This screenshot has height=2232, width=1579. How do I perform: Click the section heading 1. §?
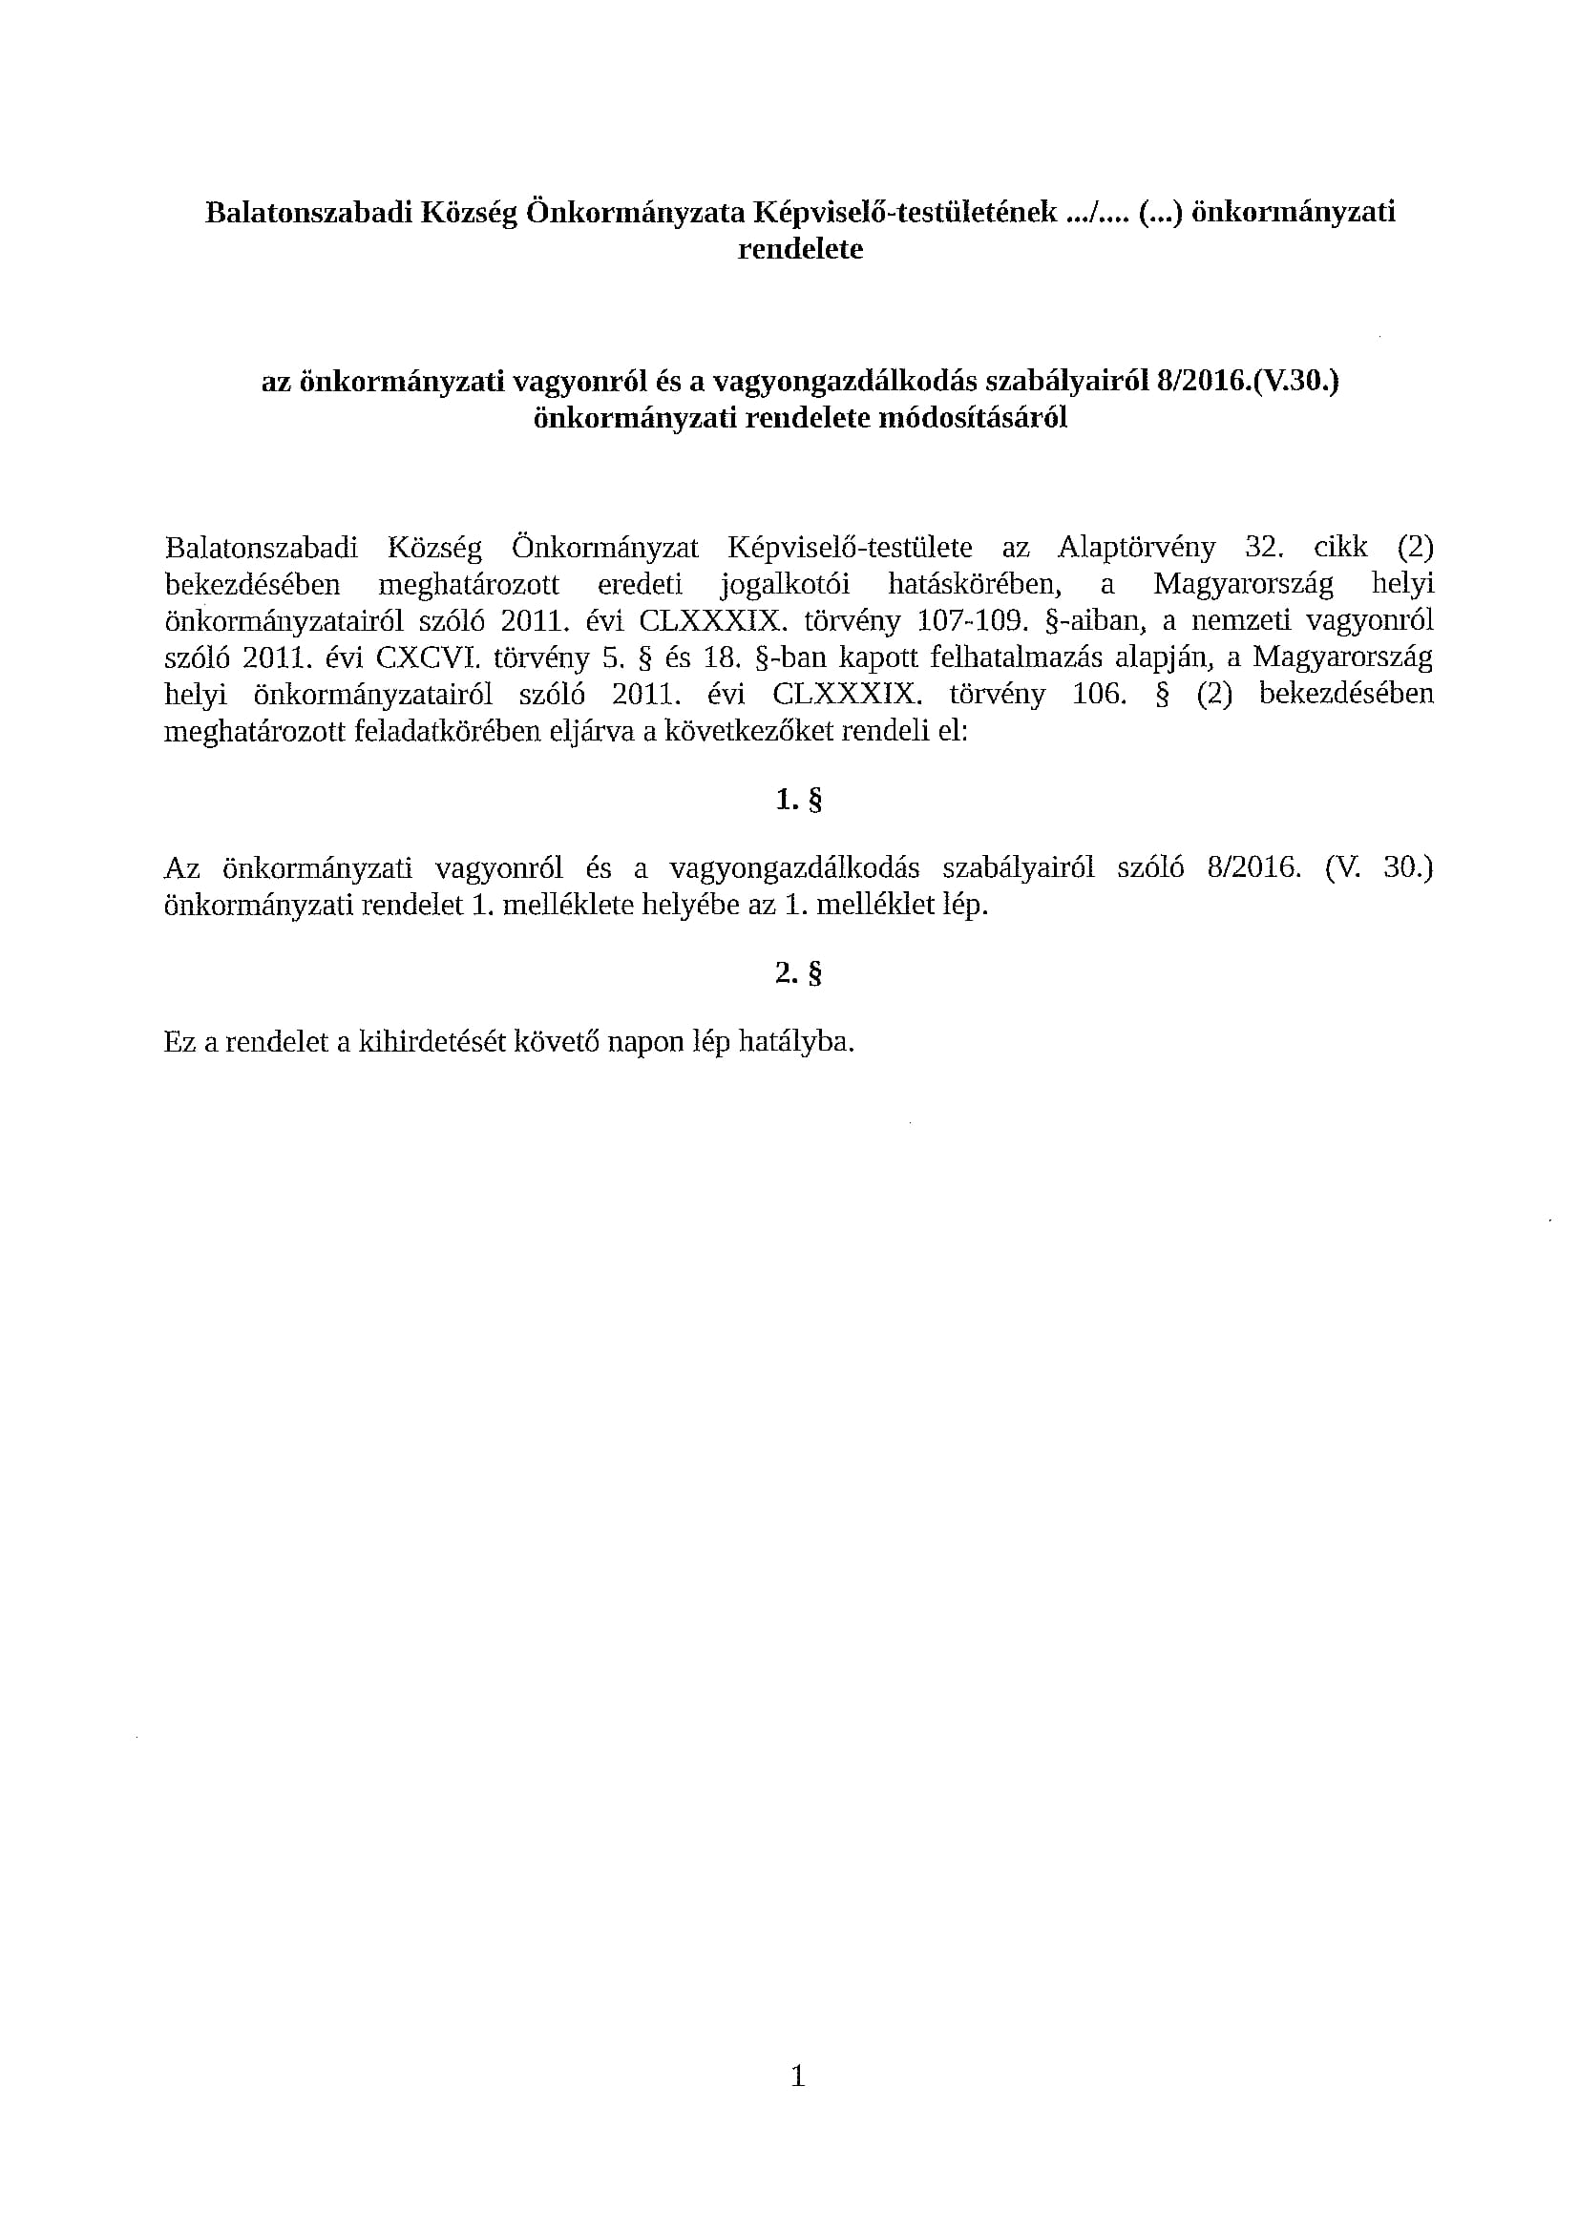point(799,801)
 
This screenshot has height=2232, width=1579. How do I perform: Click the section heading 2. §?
point(799,974)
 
